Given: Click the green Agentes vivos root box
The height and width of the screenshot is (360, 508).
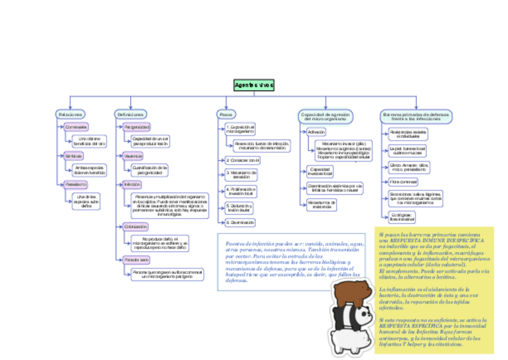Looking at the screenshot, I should pyautogui.click(x=253, y=86).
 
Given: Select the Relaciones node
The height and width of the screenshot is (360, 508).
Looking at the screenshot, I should pyautogui.click(x=70, y=114).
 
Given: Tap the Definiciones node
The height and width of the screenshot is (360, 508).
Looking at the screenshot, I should pyautogui.click(x=131, y=114).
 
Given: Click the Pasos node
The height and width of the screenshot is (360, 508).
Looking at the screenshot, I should pyautogui.click(x=226, y=114).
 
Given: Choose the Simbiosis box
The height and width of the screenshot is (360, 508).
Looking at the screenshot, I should pyautogui.click(x=74, y=156).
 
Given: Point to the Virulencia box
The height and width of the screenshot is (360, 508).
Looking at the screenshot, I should pyautogui.click(x=133, y=156).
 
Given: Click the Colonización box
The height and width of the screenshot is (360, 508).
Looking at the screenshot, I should pyautogui.click(x=135, y=227).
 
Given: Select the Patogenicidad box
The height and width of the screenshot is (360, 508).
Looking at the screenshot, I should pyautogui.click(x=137, y=127).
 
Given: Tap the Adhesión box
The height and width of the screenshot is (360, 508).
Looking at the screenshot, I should pyautogui.click(x=316, y=132).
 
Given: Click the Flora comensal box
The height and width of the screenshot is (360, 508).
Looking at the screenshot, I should pyautogui.click(x=403, y=181).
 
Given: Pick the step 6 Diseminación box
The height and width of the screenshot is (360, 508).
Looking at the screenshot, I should pyautogui.click(x=240, y=222).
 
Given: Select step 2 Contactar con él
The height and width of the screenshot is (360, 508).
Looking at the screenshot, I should pyautogui.click(x=243, y=160).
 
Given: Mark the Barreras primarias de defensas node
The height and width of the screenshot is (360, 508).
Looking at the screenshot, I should pyautogui.click(x=416, y=116).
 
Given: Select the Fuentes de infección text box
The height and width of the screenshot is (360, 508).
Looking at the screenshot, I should pyautogui.click(x=291, y=262).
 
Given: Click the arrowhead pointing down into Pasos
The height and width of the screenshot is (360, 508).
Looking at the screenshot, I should pyautogui.click(x=226, y=107).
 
